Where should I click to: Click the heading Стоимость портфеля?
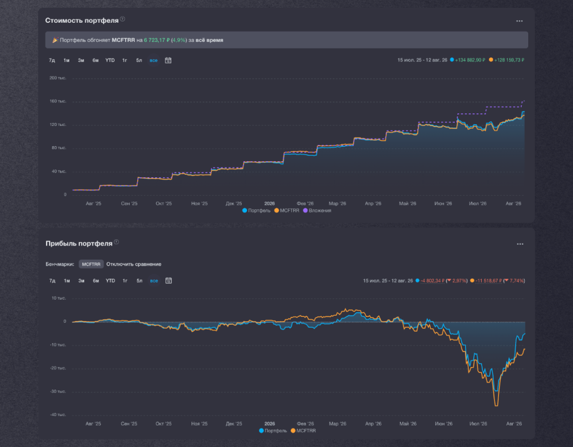pyautogui.click(x=82, y=20)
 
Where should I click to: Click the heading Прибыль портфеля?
pyautogui.click(x=79, y=243)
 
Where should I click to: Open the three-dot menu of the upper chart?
pyautogui.click(x=519, y=21)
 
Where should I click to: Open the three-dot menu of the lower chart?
pyautogui.click(x=520, y=244)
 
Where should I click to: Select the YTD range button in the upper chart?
pyautogui.click(x=110, y=60)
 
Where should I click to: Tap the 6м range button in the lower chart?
pyautogui.click(x=95, y=280)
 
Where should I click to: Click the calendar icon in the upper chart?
pyautogui.click(x=168, y=60)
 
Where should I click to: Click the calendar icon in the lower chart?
pyautogui.click(x=168, y=280)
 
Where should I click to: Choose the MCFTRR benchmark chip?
pyautogui.click(x=91, y=264)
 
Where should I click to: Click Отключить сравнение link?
pyautogui.click(x=134, y=264)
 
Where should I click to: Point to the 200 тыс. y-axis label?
pyautogui.click(x=58, y=78)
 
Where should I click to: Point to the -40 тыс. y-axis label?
pyautogui.click(x=58, y=414)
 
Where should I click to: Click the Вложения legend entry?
pyautogui.click(x=317, y=211)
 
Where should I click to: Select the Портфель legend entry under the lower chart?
pyautogui.click(x=273, y=430)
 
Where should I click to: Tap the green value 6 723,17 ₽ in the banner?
pyautogui.click(x=157, y=40)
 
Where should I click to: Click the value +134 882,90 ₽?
pyautogui.click(x=470, y=60)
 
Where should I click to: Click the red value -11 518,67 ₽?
pyautogui.click(x=489, y=280)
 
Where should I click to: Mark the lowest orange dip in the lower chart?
pyautogui.click(x=496, y=405)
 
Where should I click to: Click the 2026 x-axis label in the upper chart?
pyautogui.click(x=269, y=204)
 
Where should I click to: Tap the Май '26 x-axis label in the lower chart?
pyautogui.click(x=408, y=424)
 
